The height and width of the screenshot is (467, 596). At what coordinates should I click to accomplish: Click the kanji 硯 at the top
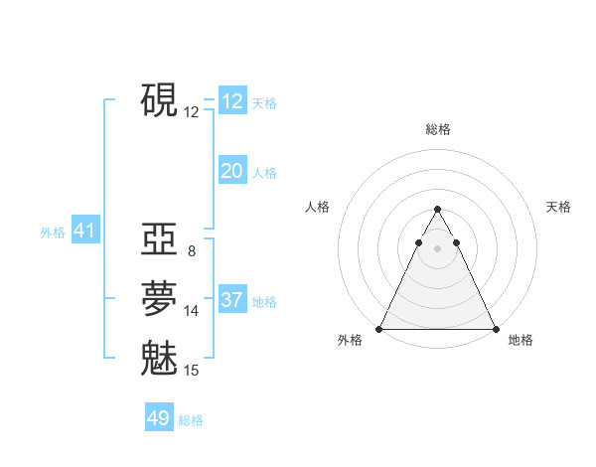coord(159,101)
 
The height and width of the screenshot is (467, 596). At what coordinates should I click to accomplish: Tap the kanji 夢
coord(159,299)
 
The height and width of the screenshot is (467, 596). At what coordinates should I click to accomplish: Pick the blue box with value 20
coord(231,171)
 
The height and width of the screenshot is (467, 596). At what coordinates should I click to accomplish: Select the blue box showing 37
coord(231,300)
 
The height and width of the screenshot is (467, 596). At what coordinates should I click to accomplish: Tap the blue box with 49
coord(159,418)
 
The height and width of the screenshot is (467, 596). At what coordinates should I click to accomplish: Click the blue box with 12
coord(231,101)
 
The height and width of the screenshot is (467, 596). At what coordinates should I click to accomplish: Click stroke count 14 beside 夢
coord(192,311)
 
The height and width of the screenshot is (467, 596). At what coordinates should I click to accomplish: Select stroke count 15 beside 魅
coord(192,371)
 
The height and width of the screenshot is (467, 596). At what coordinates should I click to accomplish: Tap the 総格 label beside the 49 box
coord(191,420)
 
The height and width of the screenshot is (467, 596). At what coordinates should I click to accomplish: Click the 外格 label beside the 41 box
coord(53,233)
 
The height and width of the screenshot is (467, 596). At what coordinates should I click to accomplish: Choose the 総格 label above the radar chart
coord(437,129)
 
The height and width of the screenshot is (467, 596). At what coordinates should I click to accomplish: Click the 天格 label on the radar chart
coord(558,207)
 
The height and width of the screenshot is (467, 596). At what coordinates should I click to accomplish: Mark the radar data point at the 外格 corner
coord(379,329)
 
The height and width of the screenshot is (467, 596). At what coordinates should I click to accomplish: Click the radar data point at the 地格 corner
coord(495,329)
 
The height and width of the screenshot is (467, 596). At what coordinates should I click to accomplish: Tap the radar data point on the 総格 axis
coord(437,209)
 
